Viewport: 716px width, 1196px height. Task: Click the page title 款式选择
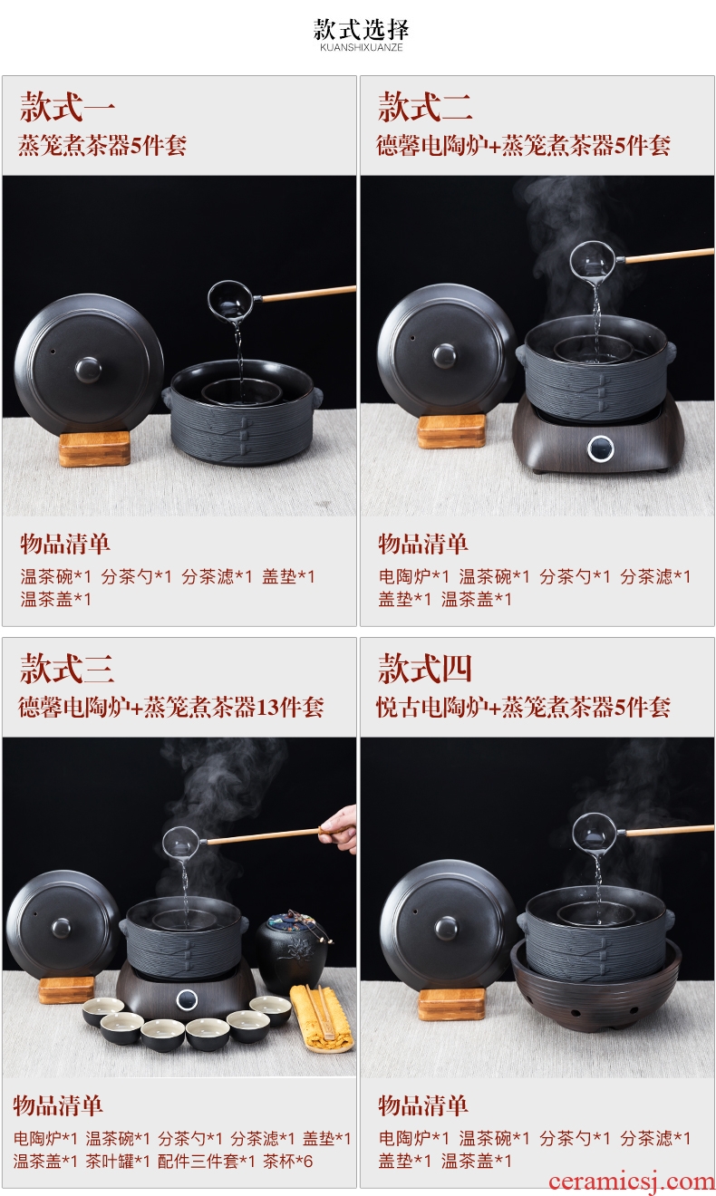361,30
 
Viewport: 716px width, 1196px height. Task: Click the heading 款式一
67,107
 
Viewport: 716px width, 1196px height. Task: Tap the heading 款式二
425,107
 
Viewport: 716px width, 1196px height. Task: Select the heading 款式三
67,669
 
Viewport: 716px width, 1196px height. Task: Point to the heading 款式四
425,669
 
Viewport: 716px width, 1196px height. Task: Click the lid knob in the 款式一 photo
88,370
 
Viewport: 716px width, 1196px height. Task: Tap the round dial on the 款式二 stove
600,448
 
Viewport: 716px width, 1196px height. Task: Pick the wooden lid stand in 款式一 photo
94,448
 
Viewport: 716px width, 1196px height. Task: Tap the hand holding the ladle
338,829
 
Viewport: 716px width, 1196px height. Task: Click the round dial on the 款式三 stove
187,999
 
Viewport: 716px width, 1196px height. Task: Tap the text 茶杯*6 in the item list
288,1161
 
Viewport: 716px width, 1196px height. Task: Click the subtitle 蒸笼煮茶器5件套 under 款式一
102,145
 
